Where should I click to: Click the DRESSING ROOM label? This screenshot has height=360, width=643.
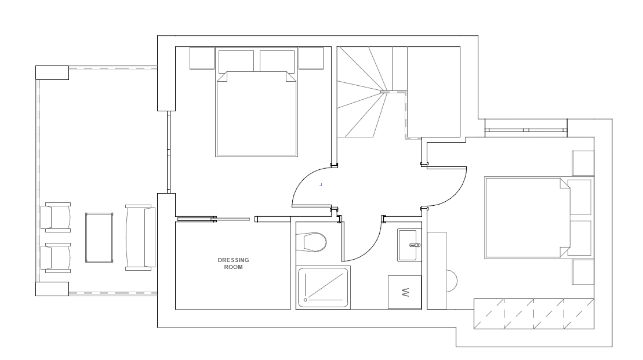tap(233, 263)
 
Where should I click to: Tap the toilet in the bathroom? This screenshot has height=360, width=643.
tap(311, 242)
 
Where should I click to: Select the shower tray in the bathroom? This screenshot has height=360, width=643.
tap(323, 288)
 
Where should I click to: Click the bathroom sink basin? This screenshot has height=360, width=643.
tap(409, 245)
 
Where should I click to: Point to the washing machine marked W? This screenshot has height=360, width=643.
tap(405, 292)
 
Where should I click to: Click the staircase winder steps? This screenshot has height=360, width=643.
tap(361, 92)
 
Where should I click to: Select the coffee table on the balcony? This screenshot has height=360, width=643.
tap(99, 238)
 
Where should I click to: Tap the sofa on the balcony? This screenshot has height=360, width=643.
tap(140, 238)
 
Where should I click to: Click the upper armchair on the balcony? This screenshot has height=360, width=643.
tap(56, 217)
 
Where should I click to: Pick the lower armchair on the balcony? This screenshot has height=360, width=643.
tap(56, 258)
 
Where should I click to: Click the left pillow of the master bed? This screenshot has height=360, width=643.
tap(236, 61)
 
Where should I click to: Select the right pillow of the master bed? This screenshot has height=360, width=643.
tap(277, 61)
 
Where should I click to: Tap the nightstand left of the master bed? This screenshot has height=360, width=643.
tap(202, 58)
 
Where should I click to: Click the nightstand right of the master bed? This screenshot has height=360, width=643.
tap(311, 58)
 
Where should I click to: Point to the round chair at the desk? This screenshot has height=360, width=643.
tap(452, 281)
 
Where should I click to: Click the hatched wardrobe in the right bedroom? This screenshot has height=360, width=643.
tap(534, 314)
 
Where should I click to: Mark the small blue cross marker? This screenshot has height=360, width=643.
tap(321, 185)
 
